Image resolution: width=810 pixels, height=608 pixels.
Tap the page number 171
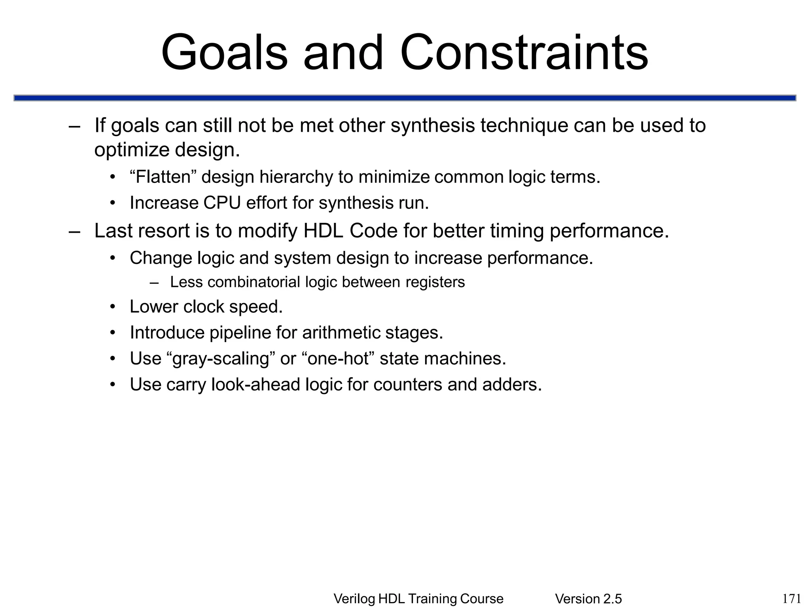click(x=792, y=598)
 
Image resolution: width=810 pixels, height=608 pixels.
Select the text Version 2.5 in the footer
click(x=588, y=599)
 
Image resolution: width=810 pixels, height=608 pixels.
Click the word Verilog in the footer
click(x=354, y=599)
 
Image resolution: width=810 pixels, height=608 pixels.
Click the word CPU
click(x=222, y=203)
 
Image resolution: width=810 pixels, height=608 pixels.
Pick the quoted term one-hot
click(x=338, y=359)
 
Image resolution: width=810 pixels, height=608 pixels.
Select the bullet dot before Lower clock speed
click(x=113, y=307)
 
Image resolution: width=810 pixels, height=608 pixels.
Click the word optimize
click(x=132, y=150)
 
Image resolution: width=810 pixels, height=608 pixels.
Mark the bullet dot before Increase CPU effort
click(x=113, y=203)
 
